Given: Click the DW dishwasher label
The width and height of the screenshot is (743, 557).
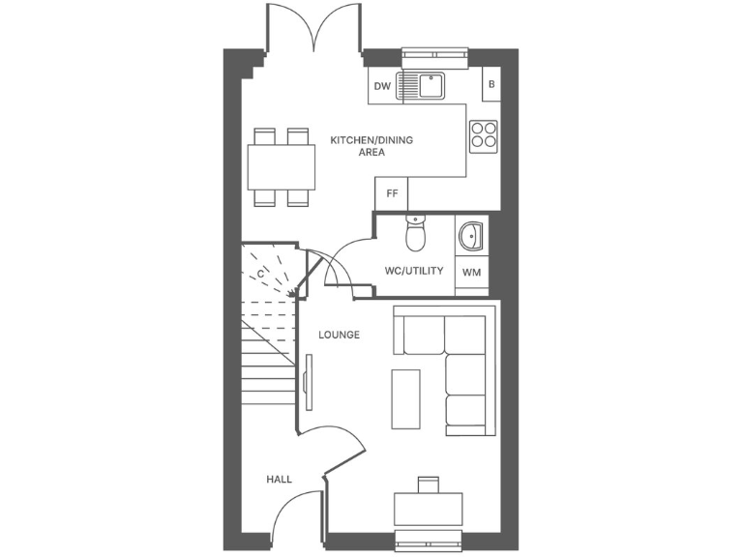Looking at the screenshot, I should pyautogui.click(x=382, y=86).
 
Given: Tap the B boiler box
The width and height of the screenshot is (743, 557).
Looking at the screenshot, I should pyautogui.click(x=491, y=85).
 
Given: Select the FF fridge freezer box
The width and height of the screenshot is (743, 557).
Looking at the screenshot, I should pyautogui.click(x=392, y=192).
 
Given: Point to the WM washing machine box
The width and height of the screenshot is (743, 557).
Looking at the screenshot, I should pyautogui.click(x=471, y=272).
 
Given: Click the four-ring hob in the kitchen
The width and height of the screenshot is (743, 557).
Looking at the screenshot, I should pyautogui.click(x=484, y=135).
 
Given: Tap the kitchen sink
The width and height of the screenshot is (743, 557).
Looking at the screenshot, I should pyautogui.click(x=427, y=86).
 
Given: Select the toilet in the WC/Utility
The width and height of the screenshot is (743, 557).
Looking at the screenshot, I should pyautogui.click(x=415, y=232).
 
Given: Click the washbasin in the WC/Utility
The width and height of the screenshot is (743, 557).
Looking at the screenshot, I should pyautogui.click(x=471, y=234).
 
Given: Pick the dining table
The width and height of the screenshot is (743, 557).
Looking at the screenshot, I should pyautogui.click(x=282, y=166).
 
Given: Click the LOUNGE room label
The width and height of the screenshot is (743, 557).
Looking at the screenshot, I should pyautogui.click(x=340, y=335).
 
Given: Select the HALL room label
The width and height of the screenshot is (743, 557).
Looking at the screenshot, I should pyautogui.click(x=279, y=479).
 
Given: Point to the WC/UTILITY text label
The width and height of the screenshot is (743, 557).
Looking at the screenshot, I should pyautogui.click(x=413, y=271).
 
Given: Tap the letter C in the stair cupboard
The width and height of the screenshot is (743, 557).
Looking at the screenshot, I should pyautogui.click(x=260, y=274).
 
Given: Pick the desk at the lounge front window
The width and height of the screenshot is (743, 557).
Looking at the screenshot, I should pyautogui.click(x=429, y=508).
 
